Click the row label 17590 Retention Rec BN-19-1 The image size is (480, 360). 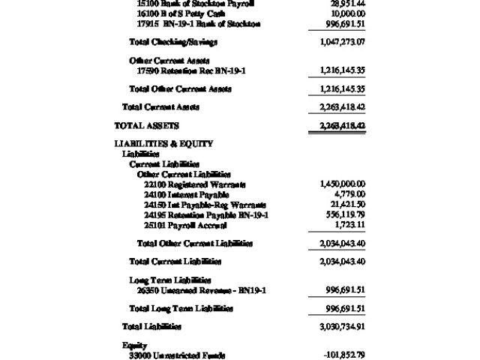click(191, 70)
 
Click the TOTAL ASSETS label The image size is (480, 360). click(146, 125)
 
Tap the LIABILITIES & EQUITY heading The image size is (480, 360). click(163, 144)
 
